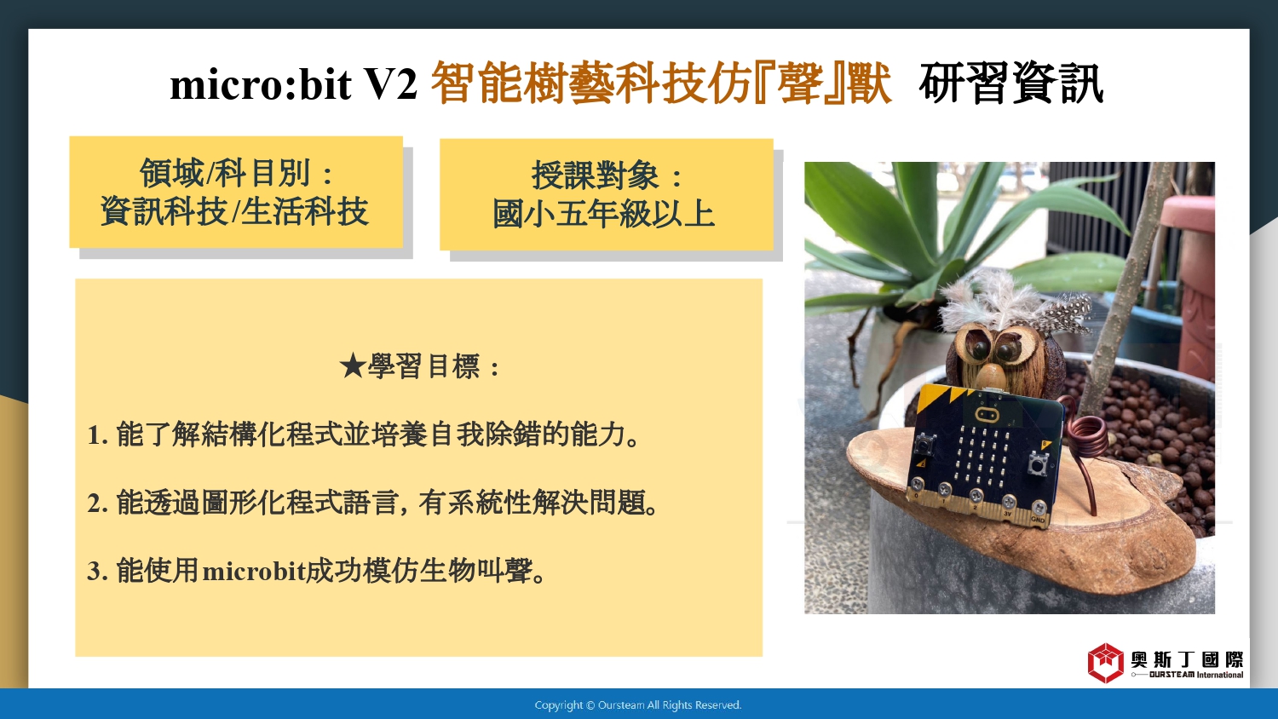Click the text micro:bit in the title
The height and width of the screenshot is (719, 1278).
[260, 84]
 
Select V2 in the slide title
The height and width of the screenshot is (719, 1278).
[391, 84]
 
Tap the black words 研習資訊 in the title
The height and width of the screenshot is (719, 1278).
[1011, 83]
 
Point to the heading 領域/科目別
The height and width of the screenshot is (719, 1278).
[226, 173]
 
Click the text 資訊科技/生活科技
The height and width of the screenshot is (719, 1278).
[234, 211]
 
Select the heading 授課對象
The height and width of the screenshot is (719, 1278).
[596, 175]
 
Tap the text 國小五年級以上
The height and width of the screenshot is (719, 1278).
[603, 214]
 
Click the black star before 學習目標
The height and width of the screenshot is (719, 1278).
[352, 365]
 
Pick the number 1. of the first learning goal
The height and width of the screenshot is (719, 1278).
[97, 435]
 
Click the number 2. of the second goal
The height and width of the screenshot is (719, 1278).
[98, 503]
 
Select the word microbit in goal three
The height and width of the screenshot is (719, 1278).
[255, 571]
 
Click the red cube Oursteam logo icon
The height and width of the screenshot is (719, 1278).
[1105, 663]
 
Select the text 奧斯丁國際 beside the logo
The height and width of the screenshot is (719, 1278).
[1188, 659]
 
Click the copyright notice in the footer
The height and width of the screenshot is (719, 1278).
[638, 705]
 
